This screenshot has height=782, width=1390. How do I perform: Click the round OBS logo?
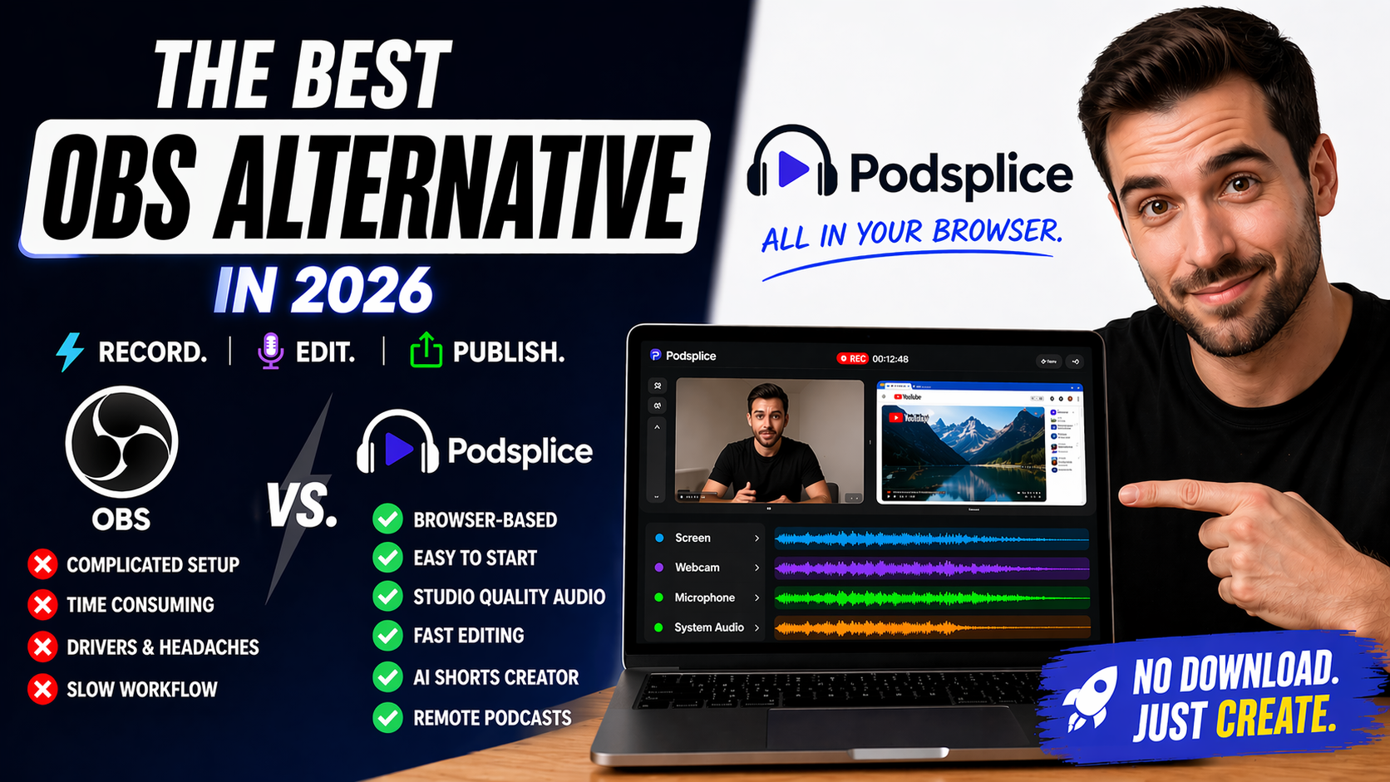tap(121, 441)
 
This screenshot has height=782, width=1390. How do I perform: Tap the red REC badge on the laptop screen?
tap(852, 358)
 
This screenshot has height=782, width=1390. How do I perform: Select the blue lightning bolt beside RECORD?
tap(70, 352)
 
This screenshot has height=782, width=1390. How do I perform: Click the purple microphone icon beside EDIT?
tap(270, 352)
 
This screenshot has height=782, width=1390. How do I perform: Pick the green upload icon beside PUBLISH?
tap(426, 351)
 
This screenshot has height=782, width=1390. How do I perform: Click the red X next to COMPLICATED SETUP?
tap(42, 564)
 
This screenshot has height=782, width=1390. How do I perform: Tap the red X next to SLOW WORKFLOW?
tap(42, 689)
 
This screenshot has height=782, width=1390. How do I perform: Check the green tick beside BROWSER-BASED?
tap(387, 519)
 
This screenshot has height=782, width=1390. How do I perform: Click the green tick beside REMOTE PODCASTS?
tap(387, 718)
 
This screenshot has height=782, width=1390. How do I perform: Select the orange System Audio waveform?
tap(931, 627)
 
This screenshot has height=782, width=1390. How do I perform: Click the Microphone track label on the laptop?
tap(704, 598)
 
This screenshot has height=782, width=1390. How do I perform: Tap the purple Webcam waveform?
tap(931, 568)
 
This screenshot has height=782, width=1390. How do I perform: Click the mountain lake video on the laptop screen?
tap(963, 453)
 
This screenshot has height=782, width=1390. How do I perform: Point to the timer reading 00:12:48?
tap(890, 359)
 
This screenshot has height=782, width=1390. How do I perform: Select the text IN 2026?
tap(324, 291)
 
